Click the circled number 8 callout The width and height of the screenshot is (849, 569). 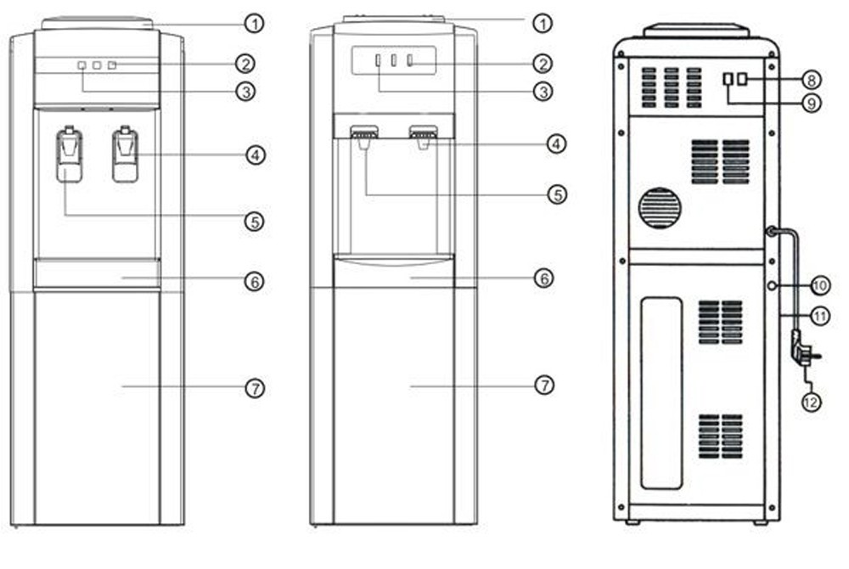pyautogui.click(x=811, y=80)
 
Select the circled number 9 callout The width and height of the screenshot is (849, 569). pyautogui.click(x=811, y=103)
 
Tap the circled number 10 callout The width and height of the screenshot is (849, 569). pyautogui.click(x=820, y=285)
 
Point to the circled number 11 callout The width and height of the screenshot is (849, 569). pyautogui.click(x=820, y=316)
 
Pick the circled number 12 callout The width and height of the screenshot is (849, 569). pyautogui.click(x=811, y=402)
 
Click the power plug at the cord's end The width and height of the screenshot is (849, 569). pyautogui.click(x=803, y=351)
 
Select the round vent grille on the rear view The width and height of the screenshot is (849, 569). pyautogui.click(x=660, y=208)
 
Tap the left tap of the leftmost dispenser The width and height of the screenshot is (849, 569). pyautogui.click(x=70, y=155)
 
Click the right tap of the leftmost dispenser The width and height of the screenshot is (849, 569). pyautogui.click(x=125, y=155)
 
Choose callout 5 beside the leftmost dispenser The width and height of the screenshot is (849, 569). pyautogui.click(x=255, y=221)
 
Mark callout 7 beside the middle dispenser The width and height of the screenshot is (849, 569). pyautogui.click(x=544, y=385)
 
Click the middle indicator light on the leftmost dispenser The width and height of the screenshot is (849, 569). pyautogui.click(x=97, y=65)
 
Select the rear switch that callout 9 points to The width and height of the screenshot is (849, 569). pyautogui.click(x=728, y=80)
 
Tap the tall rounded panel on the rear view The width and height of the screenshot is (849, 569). pyautogui.click(x=661, y=393)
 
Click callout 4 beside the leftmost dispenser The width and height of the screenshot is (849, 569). pyautogui.click(x=256, y=155)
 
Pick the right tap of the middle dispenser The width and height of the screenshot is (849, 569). pyautogui.click(x=424, y=136)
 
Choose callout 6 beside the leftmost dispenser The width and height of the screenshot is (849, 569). pyautogui.click(x=255, y=281)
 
